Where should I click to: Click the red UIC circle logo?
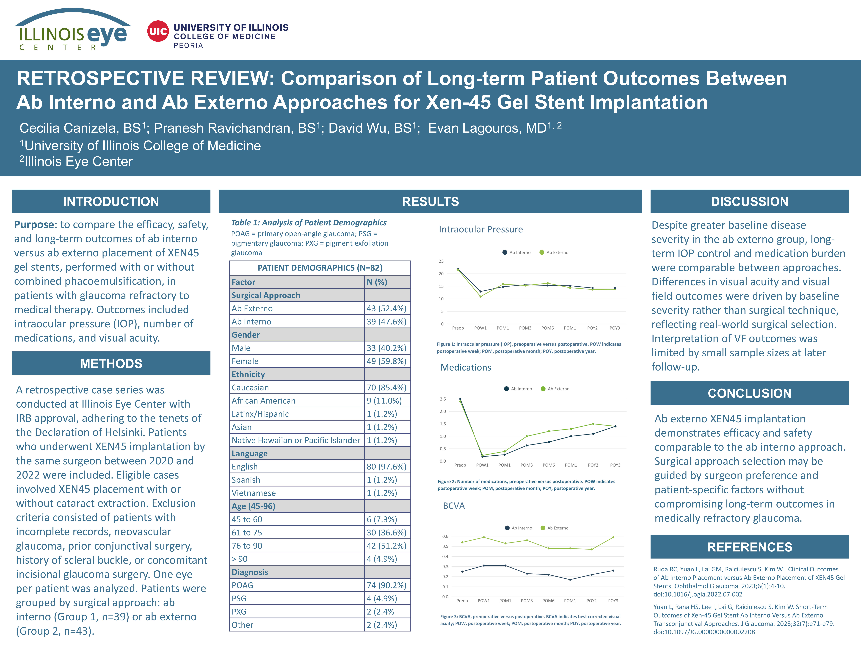pyautogui.click(x=158, y=31)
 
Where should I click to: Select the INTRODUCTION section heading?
pyautogui.click(x=111, y=201)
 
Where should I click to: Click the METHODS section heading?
pyautogui.click(x=111, y=363)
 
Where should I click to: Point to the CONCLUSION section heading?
pyautogui.click(x=749, y=393)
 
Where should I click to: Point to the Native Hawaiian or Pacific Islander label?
pyautogui.click(x=296, y=440)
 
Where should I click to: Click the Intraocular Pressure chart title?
pyautogui.click(x=481, y=229)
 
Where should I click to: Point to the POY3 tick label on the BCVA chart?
pyautogui.click(x=613, y=601)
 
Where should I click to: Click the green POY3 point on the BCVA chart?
pyautogui.click(x=613, y=537)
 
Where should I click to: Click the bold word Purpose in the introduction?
pyautogui.click(x=34, y=225)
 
